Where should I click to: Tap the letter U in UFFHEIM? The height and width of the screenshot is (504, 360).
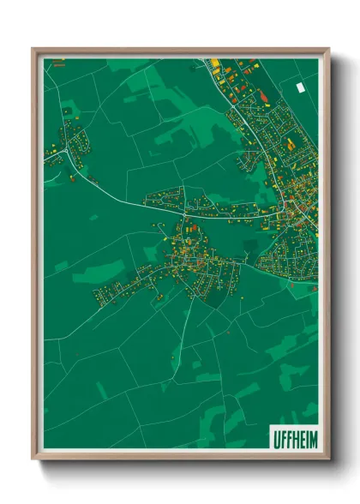click(x=275, y=436)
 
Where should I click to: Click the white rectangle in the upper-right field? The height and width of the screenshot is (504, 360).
click(x=299, y=87)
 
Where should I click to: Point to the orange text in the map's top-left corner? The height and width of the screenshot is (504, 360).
click(x=58, y=63)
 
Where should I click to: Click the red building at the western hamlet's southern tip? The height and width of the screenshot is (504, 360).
click(x=92, y=179)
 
